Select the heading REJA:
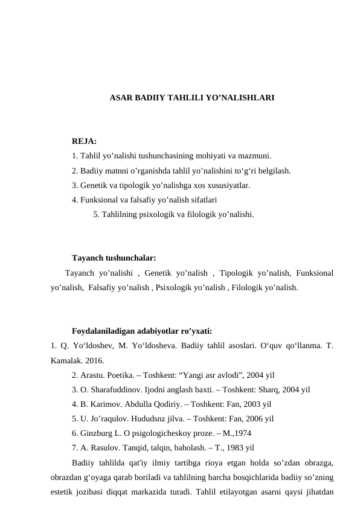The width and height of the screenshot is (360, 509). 84,142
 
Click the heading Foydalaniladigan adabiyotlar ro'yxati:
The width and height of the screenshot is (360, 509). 141,331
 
